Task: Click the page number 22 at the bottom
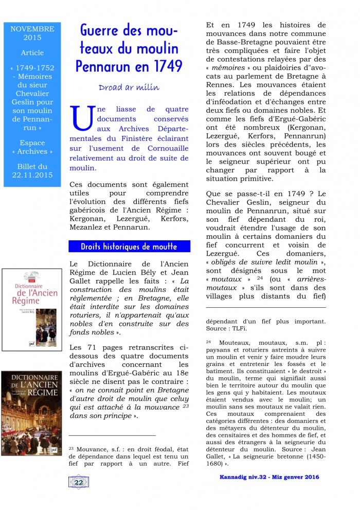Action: pos(79,482)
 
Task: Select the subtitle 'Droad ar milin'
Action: pos(129,87)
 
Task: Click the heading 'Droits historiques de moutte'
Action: pos(129,247)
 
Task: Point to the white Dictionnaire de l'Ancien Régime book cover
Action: pos(32,308)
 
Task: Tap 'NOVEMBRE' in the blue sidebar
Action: pos(32,29)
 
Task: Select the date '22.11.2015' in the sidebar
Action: pos(32,175)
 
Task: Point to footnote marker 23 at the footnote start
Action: pos(71,448)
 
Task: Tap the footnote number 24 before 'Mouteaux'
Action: pos(208,342)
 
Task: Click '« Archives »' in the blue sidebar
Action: pos(32,151)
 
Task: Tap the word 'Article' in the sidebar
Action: pos(32,52)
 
